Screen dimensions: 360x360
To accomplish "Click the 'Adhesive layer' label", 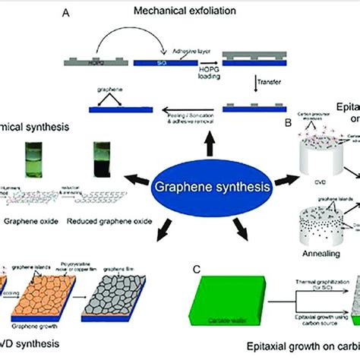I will coord(186,47).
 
